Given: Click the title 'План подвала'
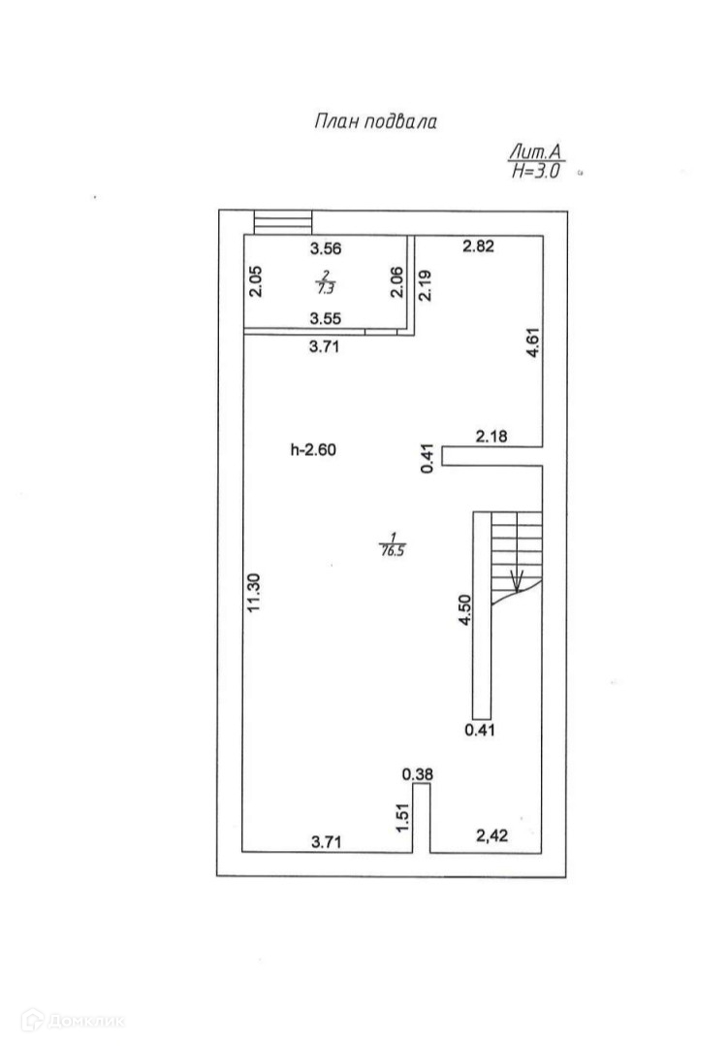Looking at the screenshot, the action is click(375, 122).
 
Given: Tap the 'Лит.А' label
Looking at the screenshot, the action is click(534, 151).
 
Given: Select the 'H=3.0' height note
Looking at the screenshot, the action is click(535, 171).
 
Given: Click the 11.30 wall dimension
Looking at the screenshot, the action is click(254, 592).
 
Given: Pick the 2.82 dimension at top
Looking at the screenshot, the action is click(479, 246).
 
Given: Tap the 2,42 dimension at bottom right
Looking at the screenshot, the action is click(492, 834).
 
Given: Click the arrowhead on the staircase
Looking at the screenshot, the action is click(517, 582).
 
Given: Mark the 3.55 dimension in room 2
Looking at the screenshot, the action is click(325, 317).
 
